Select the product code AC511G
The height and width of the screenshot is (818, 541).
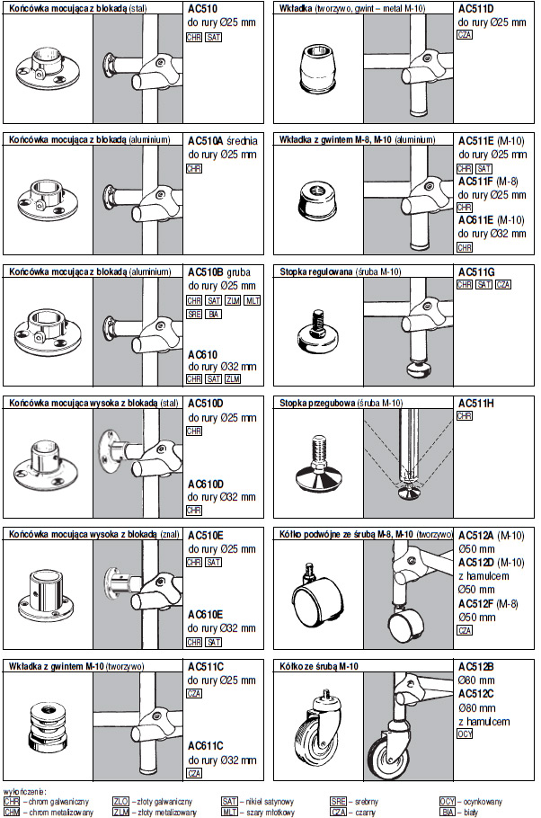(x=475, y=272)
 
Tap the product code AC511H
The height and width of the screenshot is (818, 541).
(x=475, y=404)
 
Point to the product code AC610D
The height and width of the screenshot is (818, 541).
(x=207, y=484)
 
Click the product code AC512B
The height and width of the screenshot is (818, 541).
(x=475, y=666)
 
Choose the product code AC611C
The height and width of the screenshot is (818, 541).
(x=206, y=746)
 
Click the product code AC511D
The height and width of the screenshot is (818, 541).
(x=475, y=10)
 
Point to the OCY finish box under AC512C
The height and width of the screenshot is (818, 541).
(x=466, y=734)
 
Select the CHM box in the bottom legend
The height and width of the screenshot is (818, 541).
(x=12, y=812)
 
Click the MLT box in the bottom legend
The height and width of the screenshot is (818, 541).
(x=229, y=812)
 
